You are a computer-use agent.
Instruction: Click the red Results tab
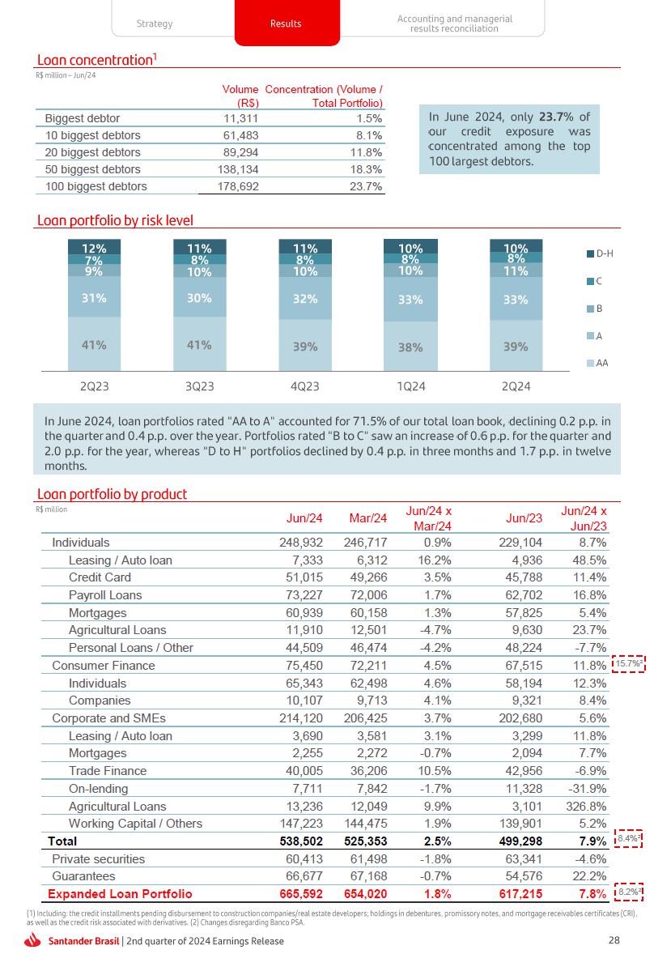[x=286, y=23]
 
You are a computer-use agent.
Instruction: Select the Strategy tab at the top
[x=155, y=23]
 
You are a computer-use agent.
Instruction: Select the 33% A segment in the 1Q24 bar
[x=410, y=300]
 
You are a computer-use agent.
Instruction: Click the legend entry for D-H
[x=599, y=254]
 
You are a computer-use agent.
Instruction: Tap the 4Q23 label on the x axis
[x=304, y=386]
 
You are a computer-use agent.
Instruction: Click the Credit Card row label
[x=100, y=577]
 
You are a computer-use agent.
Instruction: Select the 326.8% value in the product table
[x=587, y=807]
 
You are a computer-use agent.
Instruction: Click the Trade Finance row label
[x=108, y=771]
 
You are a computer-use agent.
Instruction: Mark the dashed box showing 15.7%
[x=628, y=665]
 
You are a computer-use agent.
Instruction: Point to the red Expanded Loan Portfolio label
[x=120, y=894]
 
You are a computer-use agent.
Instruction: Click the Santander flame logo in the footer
[x=33, y=940]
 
